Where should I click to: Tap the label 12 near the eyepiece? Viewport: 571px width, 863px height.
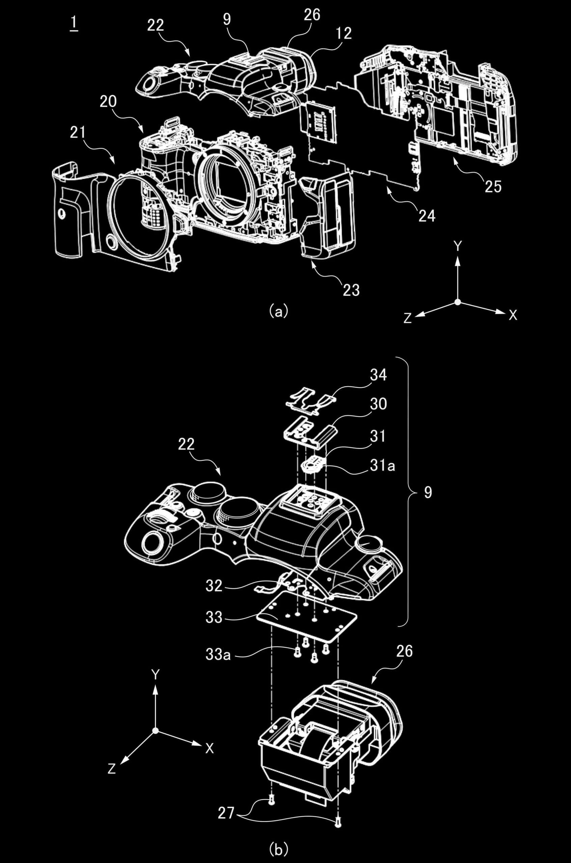pos(344,33)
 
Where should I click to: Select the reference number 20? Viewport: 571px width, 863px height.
pos(108,101)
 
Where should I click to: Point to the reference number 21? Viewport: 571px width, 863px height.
pos(78,133)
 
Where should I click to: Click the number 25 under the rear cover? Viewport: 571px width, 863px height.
pos(493,187)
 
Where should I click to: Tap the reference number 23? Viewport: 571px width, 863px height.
pos(351,291)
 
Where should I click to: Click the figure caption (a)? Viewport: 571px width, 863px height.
pos(279,311)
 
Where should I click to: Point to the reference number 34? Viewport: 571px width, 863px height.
pos(378,375)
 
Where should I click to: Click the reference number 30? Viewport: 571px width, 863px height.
pos(378,404)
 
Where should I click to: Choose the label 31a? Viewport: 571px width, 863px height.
pos(382,466)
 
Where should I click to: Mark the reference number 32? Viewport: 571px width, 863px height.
pos(214,586)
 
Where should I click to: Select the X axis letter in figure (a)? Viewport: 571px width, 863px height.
pos(513,315)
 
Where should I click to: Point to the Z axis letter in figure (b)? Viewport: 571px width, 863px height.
pos(111,769)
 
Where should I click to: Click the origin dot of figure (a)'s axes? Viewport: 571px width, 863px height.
pos(458,302)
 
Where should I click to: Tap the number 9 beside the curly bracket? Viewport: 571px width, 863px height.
pos(428,493)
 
